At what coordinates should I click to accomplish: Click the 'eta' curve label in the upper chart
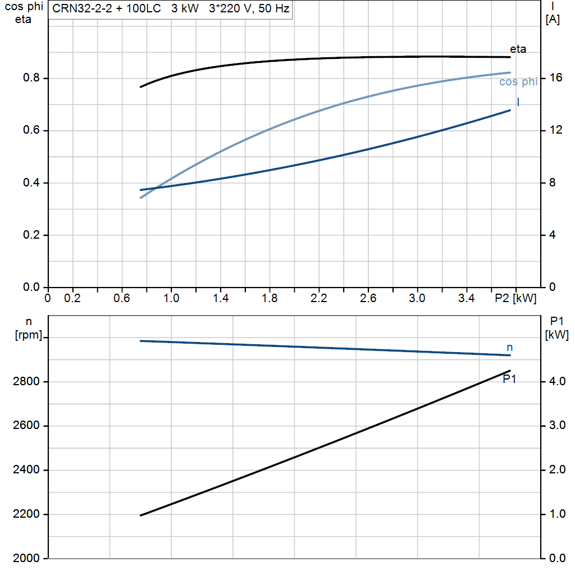click(518, 49)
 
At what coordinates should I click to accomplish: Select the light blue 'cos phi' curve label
click(518, 82)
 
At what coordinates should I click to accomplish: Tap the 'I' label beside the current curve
click(518, 102)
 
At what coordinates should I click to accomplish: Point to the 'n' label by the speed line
click(509, 347)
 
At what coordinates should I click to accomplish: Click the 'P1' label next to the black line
click(509, 379)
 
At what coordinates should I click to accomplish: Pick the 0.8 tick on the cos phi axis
click(31, 77)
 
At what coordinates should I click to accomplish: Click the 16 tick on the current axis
click(555, 77)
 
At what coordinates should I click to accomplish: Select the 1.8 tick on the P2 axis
click(270, 298)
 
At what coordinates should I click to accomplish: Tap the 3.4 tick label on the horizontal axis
click(466, 298)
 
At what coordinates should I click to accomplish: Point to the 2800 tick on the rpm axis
click(26, 381)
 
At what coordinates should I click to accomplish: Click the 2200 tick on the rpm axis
click(26, 514)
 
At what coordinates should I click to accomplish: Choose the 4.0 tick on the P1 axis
click(557, 381)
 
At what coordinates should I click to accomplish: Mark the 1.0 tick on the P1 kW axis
click(557, 514)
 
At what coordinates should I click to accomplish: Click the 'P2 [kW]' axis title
click(515, 298)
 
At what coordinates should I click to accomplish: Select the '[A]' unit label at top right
click(553, 20)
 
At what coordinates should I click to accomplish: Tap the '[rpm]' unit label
click(28, 335)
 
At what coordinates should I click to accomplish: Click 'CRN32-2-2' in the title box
click(82, 8)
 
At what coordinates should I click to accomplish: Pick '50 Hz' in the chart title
click(273, 8)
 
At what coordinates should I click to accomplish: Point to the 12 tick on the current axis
click(555, 130)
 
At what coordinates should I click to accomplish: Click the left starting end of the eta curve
click(141, 87)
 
